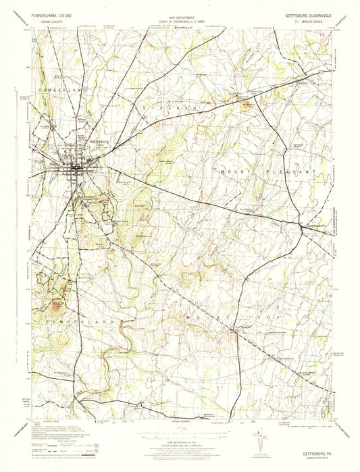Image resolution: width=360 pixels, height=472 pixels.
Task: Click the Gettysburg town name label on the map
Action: (x=99, y=141)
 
